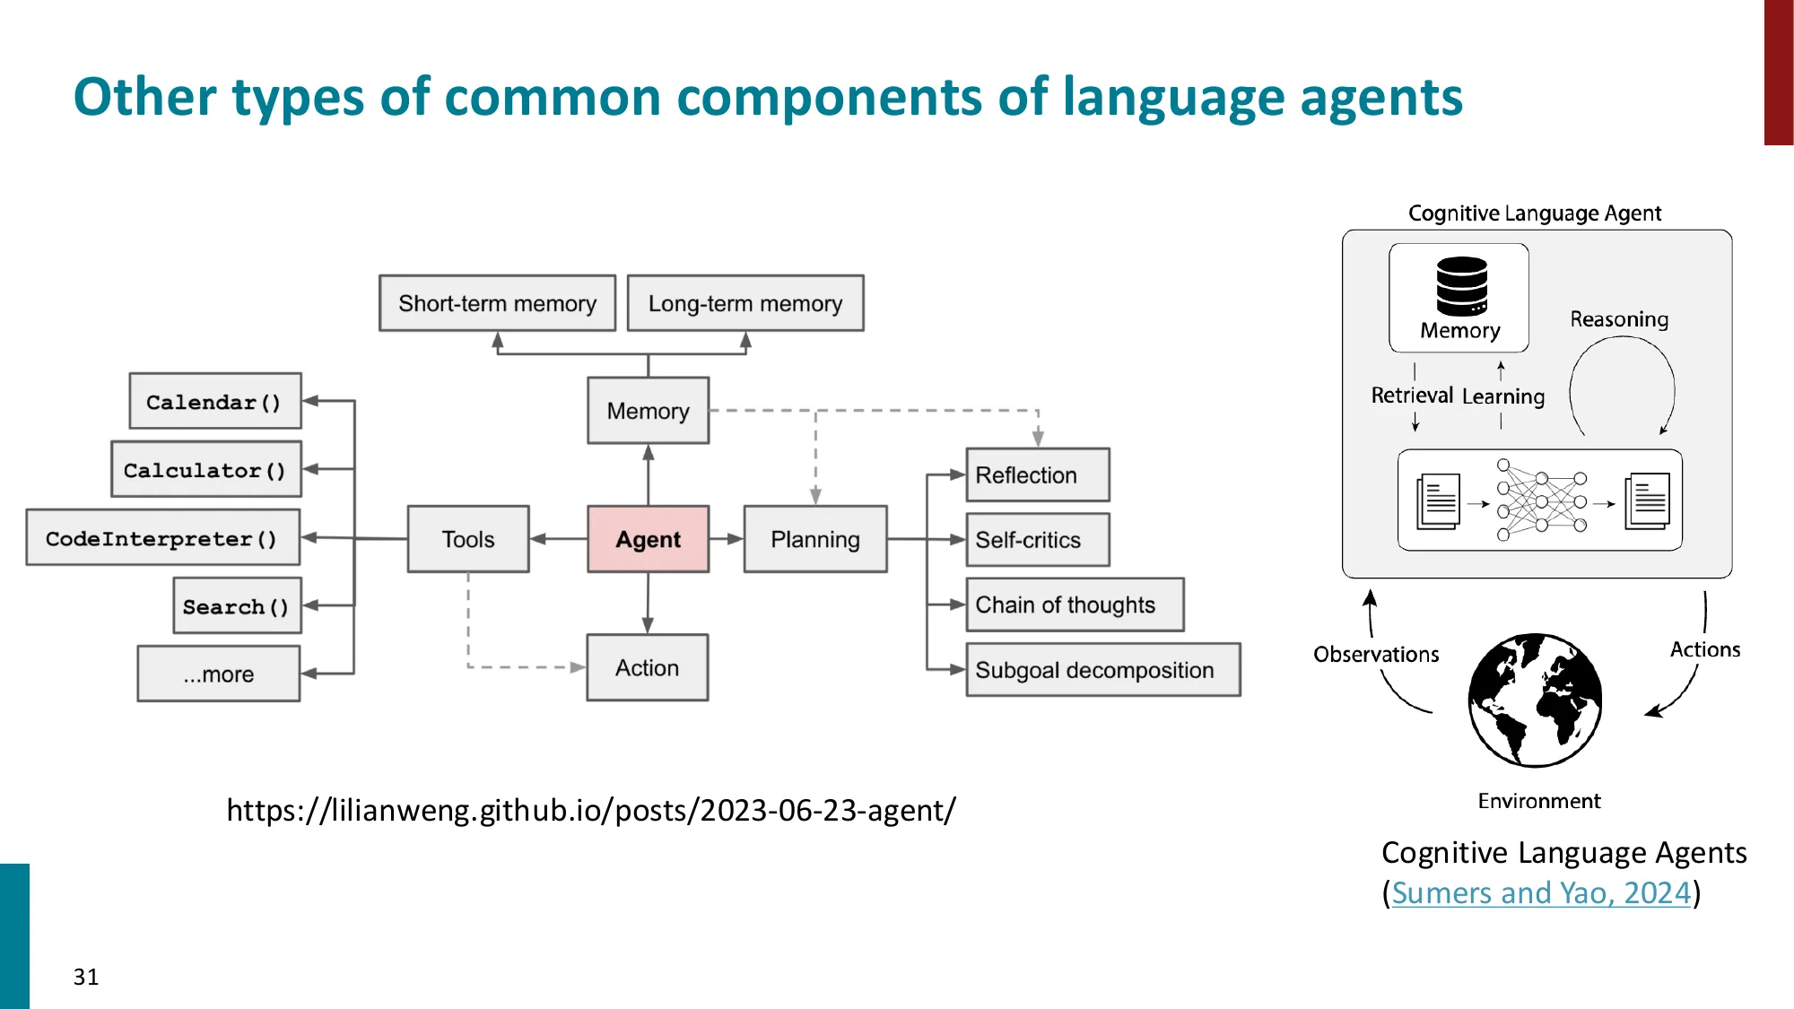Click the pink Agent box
[x=648, y=539]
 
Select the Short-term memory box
[x=497, y=303]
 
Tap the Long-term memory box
[x=745, y=303]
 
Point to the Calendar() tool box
[x=215, y=401]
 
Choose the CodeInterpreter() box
[x=162, y=537]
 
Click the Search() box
[x=237, y=605]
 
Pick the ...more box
[x=219, y=674]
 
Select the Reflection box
[x=1037, y=474]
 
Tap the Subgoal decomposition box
[x=1102, y=670]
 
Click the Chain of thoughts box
[x=1074, y=605]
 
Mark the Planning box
[x=814, y=539]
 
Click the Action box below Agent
[x=647, y=667]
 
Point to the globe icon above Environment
[x=1535, y=700]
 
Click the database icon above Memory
[x=1461, y=286]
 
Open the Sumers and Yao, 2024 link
[x=1540, y=892]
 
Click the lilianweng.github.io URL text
[x=591, y=810]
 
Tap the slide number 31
[x=86, y=977]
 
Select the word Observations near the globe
[x=1376, y=654]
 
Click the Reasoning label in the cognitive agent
[x=1619, y=319]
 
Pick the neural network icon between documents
[x=1541, y=500]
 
